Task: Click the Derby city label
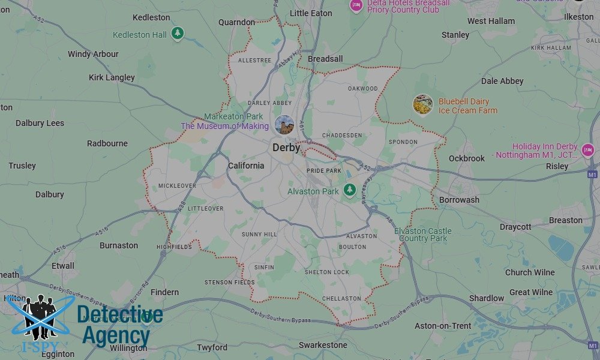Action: [x=286, y=147]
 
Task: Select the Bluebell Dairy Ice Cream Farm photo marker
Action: [x=423, y=105]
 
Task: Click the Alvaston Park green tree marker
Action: [x=350, y=190]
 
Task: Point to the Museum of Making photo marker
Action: [x=282, y=125]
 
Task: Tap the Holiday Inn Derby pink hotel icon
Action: [x=588, y=150]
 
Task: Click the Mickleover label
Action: [x=177, y=186]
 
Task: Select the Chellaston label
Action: [x=341, y=298]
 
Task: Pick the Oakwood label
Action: [x=363, y=89]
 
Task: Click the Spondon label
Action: [x=403, y=142]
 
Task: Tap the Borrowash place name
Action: [x=460, y=200]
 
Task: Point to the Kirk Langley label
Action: [x=112, y=77]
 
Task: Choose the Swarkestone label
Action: [x=323, y=345]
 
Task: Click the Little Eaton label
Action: [x=311, y=13]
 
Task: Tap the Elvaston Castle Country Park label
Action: [x=424, y=235]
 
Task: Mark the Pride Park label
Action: [x=324, y=171]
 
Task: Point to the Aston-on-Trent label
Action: [x=443, y=326]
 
